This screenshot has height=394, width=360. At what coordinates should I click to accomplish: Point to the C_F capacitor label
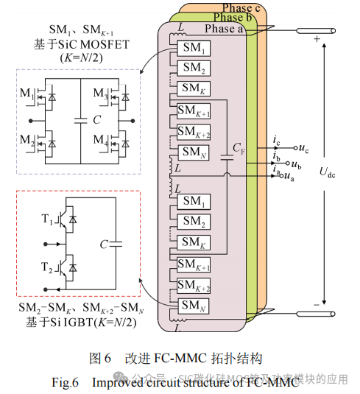coord(239,147)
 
